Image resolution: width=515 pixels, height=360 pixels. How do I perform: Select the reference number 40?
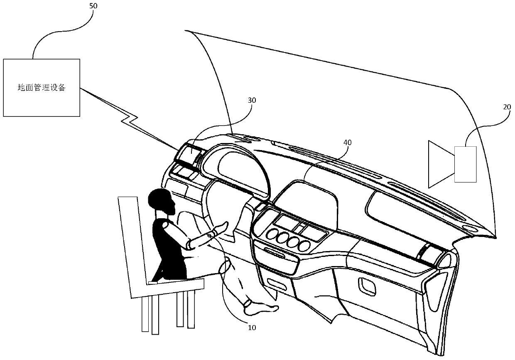coord(347,143)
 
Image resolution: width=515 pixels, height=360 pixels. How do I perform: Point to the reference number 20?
coord(507,107)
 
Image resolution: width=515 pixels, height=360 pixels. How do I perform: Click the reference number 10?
coord(252,327)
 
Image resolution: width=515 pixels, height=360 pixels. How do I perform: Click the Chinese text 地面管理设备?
coord(41,88)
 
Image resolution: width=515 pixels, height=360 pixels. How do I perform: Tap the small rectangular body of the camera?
coord(465,164)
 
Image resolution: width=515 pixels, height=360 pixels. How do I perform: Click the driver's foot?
coord(260,308)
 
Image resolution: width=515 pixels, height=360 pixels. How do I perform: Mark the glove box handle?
coord(366,284)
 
